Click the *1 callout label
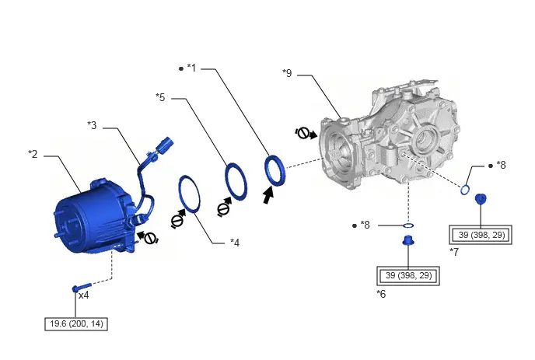(x=191, y=68)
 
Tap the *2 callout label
(x=33, y=154)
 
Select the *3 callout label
(x=92, y=125)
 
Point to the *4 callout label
(x=235, y=243)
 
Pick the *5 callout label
(x=160, y=97)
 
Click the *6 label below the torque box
(x=381, y=294)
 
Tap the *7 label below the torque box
(x=454, y=252)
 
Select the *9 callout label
(x=287, y=73)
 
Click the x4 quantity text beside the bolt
(x=84, y=295)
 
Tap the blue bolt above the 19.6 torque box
(x=82, y=288)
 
